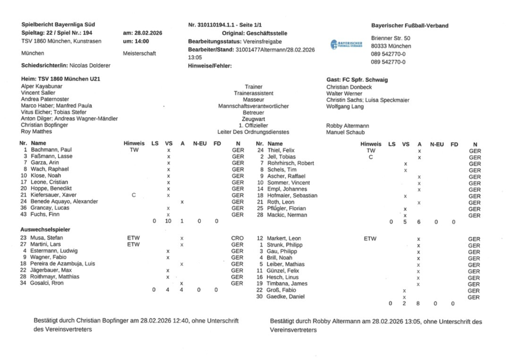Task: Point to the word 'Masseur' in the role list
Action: pyautogui.click(x=253, y=99)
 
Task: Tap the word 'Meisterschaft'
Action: pyautogui.click(x=140, y=54)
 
